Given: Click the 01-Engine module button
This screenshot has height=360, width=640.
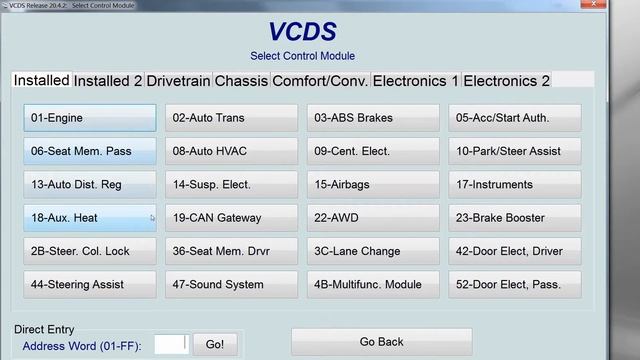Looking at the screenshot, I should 90,118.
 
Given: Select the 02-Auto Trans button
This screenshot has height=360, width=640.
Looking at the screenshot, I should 231,118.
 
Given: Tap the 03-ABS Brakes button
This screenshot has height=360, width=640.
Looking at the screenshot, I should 373,118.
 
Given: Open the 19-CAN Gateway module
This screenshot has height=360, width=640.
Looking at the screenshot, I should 231,218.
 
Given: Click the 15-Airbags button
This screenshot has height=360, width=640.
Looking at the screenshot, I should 373,185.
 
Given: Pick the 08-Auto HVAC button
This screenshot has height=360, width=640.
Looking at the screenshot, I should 231,151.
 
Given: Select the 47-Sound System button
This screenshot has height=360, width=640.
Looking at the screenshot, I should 231,285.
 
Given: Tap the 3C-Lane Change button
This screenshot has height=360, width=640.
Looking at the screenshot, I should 373,251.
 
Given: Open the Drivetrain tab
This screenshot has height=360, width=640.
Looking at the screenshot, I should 178,81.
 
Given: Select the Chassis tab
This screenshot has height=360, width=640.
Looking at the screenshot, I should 241,81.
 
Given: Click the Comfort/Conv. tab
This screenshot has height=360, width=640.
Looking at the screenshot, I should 320,81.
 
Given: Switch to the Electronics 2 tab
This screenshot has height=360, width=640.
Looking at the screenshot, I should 506,81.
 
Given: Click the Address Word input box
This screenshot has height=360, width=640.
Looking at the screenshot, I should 170,345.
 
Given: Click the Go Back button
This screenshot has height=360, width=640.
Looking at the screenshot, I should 381,342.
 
